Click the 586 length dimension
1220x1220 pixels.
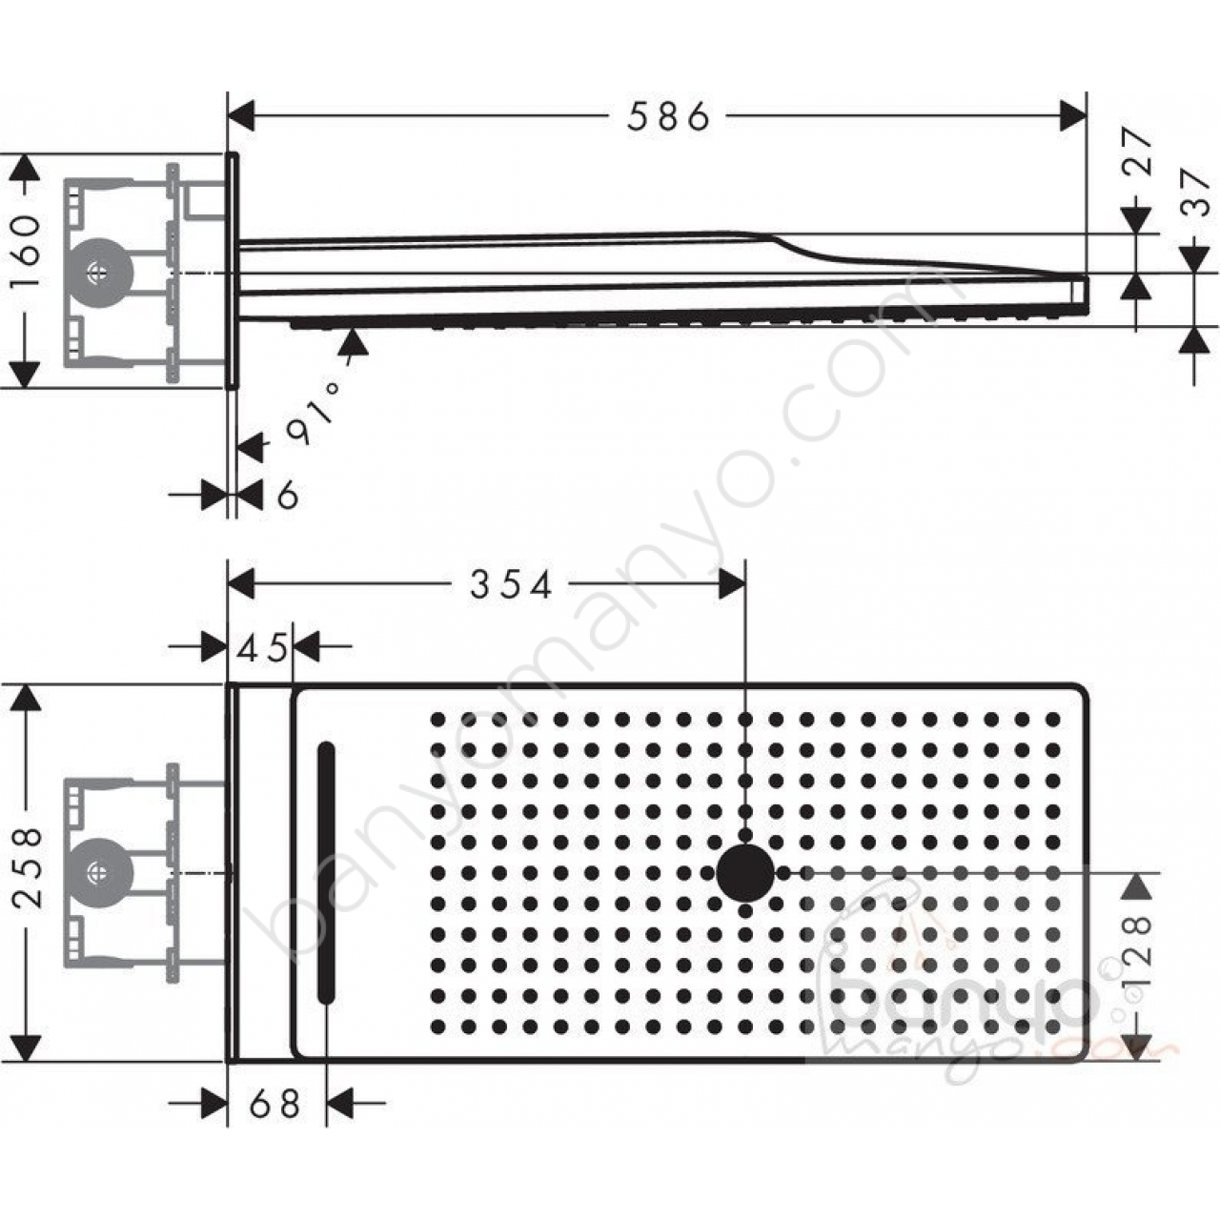[668, 116]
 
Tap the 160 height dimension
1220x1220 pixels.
[26, 251]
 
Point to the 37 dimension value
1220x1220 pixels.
[1195, 192]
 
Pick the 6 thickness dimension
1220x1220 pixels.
[288, 495]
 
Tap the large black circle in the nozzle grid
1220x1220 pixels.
[745, 872]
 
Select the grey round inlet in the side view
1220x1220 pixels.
[99, 273]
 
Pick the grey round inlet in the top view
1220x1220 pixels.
[99, 873]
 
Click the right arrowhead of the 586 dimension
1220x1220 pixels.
[1074, 115]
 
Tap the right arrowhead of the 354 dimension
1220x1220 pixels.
[732, 582]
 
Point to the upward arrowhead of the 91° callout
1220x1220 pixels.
[352, 342]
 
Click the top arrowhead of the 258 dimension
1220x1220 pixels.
[26, 699]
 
